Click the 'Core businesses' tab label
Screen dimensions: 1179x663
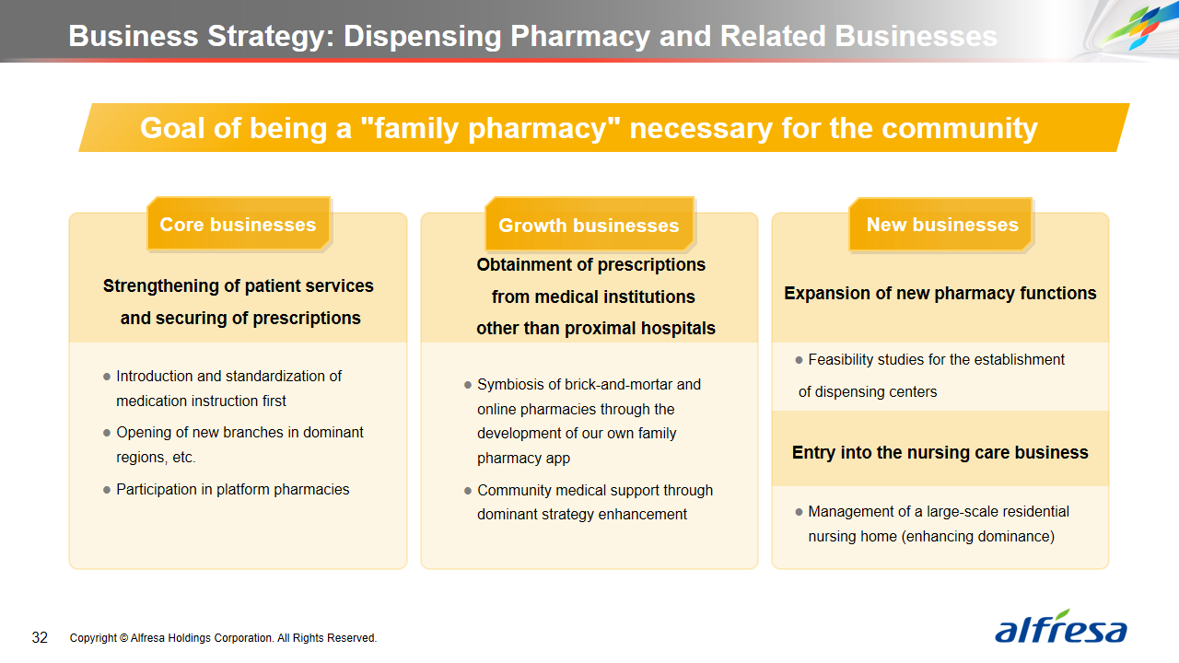pyautogui.click(x=238, y=225)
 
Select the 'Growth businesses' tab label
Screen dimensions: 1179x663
pyautogui.click(x=589, y=226)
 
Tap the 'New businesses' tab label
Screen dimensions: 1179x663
pyautogui.click(x=942, y=225)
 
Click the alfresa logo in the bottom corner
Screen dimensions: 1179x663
pyautogui.click(x=1060, y=626)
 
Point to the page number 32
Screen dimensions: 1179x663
pyautogui.click(x=40, y=638)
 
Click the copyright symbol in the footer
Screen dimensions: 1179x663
pyautogui.click(x=123, y=638)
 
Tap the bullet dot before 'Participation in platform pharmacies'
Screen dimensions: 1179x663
pyautogui.click(x=107, y=491)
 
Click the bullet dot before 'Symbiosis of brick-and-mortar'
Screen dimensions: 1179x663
pyautogui.click(x=468, y=385)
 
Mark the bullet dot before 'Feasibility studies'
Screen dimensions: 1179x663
pyautogui.click(x=799, y=360)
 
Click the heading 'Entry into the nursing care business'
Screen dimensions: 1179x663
pyautogui.click(x=940, y=452)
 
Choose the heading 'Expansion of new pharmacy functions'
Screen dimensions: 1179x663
pyautogui.click(x=940, y=293)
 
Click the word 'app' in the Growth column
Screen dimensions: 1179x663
pyautogui.click(x=558, y=459)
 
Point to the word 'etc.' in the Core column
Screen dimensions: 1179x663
pyautogui.click(x=183, y=458)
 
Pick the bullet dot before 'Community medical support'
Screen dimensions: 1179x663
pyautogui.click(x=468, y=491)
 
